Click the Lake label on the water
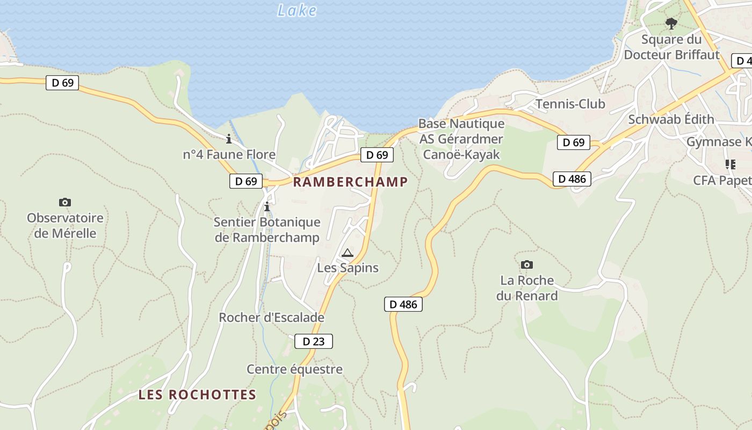(x=297, y=10)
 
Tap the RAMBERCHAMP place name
(x=350, y=182)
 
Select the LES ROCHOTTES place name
(x=197, y=395)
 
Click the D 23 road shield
(x=314, y=341)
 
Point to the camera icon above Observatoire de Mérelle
(x=65, y=203)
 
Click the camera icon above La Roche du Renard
(x=527, y=264)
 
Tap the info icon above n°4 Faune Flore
(x=229, y=139)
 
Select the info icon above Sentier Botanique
(x=267, y=206)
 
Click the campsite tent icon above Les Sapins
(x=348, y=253)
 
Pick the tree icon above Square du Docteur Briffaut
(x=671, y=23)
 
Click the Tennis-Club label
(x=570, y=104)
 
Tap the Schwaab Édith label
(x=671, y=119)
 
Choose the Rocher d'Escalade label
(x=271, y=317)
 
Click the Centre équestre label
(x=294, y=369)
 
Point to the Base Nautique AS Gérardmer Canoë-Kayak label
(x=461, y=139)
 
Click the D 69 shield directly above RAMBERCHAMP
(x=377, y=155)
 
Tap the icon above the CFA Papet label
(x=730, y=164)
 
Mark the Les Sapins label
(x=348, y=268)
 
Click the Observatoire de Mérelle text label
(x=65, y=226)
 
